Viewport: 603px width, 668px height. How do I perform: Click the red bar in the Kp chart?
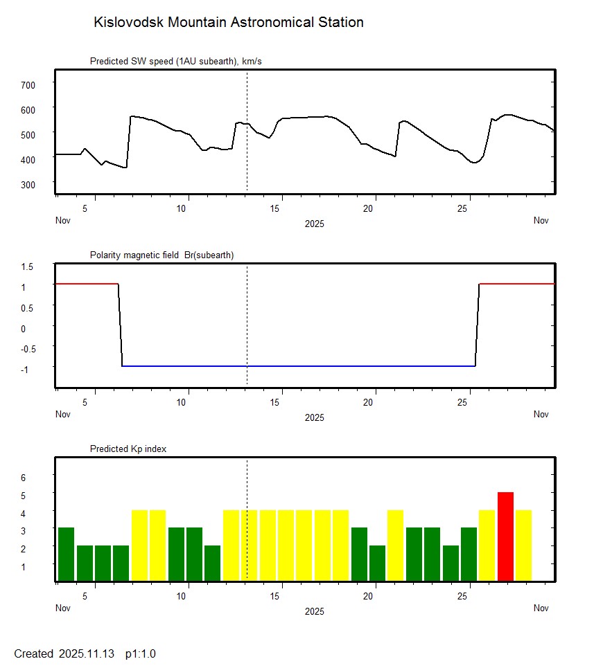coord(505,536)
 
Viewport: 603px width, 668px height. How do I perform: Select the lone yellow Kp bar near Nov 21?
coord(395,545)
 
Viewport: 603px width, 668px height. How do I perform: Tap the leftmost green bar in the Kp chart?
coord(66,554)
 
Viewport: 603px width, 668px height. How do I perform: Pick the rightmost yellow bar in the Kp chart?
coord(523,545)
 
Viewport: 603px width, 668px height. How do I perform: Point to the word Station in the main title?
coord(340,22)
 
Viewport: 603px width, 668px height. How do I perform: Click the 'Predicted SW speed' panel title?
coord(175,62)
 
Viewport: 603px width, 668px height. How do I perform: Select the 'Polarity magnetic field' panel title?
coord(161,255)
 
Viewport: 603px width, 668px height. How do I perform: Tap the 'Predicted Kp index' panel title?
coord(128,449)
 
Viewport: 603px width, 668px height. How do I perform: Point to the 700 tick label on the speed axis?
coord(28,84)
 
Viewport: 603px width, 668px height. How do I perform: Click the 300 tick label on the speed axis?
coord(28,184)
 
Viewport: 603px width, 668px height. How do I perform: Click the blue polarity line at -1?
coord(298,365)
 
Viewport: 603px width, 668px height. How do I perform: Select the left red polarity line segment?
coord(87,284)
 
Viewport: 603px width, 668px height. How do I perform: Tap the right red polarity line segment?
coord(517,284)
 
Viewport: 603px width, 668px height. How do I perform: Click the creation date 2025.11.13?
coord(89,653)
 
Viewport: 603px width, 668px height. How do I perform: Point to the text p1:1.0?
coord(141,653)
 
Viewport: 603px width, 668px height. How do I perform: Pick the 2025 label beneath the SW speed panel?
coord(314,224)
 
